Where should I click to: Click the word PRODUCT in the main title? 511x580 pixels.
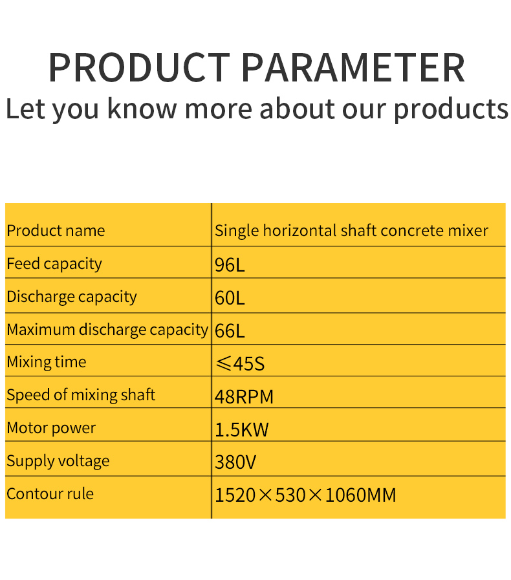click(138, 67)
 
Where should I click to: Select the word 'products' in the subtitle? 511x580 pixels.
click(451, 109)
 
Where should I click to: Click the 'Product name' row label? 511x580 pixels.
click(56, 231)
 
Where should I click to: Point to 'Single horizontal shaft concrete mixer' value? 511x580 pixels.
click(351, 231)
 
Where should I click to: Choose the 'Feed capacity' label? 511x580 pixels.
click(54, 264)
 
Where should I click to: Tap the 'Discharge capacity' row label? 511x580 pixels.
click(72, 297)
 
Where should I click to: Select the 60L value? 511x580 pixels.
click(230, 298)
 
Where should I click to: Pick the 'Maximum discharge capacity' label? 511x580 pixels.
click(107, 330)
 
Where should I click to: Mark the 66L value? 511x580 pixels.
click(230, 331)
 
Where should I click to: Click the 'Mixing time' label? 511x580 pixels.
click(46, 362)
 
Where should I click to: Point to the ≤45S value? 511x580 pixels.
click(239, 363)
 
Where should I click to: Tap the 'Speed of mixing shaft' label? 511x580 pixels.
click(81, 395)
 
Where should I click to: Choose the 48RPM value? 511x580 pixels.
click(244, 396)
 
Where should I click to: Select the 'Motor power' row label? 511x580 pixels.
click(51, 428)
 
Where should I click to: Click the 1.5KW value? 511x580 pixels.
click(241, 429)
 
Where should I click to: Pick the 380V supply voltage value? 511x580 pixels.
click(235, 462)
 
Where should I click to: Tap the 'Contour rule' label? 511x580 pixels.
click(50, 494)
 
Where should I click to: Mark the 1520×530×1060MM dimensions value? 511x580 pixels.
click(305, 495)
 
